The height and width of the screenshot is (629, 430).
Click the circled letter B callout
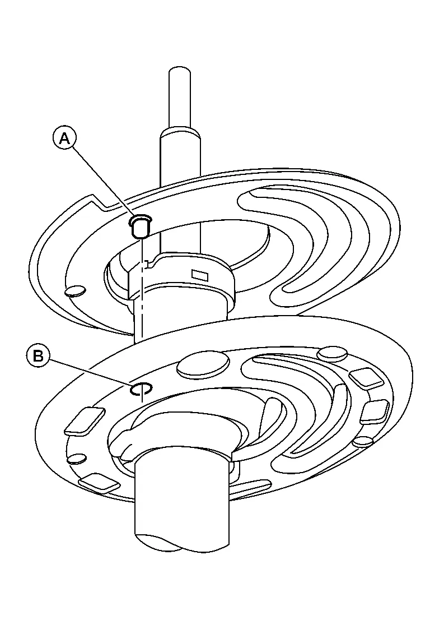(x=39, y=356)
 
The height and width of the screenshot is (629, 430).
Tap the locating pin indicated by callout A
(x=141, y=226)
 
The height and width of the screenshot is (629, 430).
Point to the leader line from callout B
(x=90, y=373)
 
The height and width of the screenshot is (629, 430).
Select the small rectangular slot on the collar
(x=200, y=275)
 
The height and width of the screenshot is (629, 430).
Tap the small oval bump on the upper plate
(x=76, y=291)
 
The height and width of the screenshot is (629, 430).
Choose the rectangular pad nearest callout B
(x=85, y=421)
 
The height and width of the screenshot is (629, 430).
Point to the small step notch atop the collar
(x=149, y=263)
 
